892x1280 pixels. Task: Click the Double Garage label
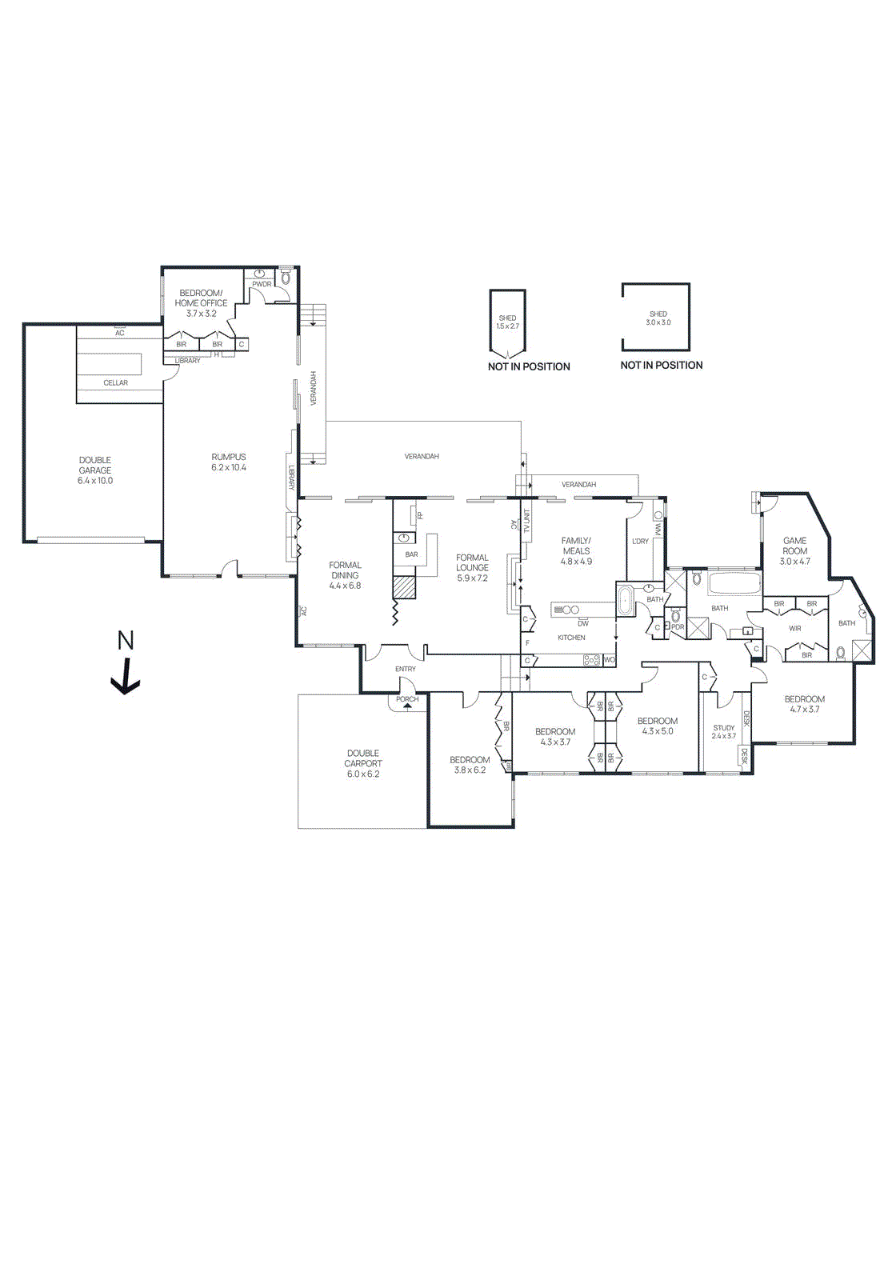pyautogui.click(x=95, y=465)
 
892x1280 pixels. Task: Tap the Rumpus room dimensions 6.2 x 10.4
pyautogui.click(x=229, y=467)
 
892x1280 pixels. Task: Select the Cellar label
pyautogui.click(x=115, y=382)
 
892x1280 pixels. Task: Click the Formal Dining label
pyautogui.click(x=345, y=570)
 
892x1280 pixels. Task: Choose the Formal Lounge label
pyautogui.click(x=472, y=562)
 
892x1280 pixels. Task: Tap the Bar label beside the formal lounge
pyautogui.click(x=411, y=554)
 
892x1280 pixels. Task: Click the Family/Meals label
pyautogui.click(x=576, y=546)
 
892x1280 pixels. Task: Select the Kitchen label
pyautogui.click(x=571, y=638)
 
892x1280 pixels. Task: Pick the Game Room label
pyautogui.click(x=794, y=546)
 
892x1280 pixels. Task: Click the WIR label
pyautogui.click(x=794, y=629)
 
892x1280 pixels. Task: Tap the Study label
pyautogui.click(x=723, y=728)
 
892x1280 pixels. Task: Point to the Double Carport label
pyautogui.click(x=363, y=758)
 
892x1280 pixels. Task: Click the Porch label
pyautogui.click(x=407, y=699)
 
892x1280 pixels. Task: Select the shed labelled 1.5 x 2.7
pyautogui.click(x=507, y=322)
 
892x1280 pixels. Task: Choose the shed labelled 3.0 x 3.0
pyautogui.click(x=658, y=318)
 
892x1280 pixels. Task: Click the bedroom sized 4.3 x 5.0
pyautogui.click(x=658, y=726)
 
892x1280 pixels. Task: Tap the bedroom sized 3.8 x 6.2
pyautogui.click(x=470, y=765)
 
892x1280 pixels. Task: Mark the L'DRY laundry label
pyautogui.click(x=640, y=542)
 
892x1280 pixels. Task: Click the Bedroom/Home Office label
pyautogui.click(x=201, y=298)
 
